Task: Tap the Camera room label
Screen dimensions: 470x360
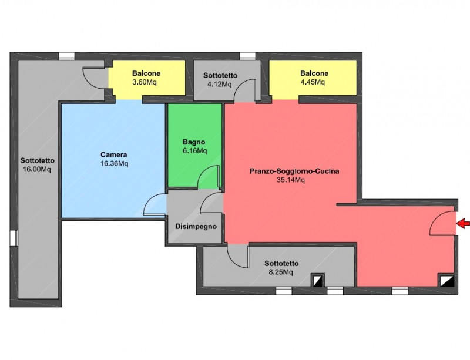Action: tap(113, 154)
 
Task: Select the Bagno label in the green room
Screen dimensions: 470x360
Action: tap(194, 142)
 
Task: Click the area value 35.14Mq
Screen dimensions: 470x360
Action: tap(291, 180)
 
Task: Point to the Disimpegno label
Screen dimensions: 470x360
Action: tap(196, 227)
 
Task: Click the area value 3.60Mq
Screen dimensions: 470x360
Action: tap(145, 82)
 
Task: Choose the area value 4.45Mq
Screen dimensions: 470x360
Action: tap(313, 82)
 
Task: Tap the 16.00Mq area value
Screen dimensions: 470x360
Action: tap(37, 169)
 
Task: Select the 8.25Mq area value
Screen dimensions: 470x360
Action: tap(281, 272)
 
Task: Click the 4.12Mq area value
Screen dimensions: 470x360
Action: tap(219, 84)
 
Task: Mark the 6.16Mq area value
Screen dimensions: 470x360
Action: tap(195, 150)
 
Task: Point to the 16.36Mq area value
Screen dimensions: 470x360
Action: tap(114, 163)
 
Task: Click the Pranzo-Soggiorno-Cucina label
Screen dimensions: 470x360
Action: tap(295, 171)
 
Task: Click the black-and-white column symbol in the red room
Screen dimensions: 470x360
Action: tap(447, 281)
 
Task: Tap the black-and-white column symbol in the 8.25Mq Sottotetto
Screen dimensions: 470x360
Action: tap(317, 280)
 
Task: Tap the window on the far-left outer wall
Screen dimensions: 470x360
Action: tap(14, 238)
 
